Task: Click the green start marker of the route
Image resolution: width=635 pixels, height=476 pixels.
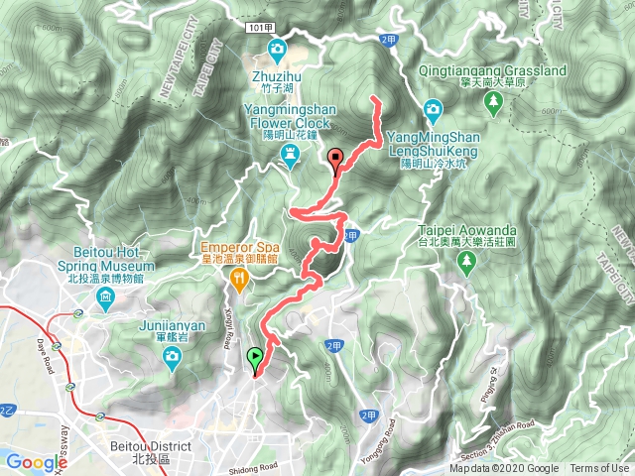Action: click(256, 360)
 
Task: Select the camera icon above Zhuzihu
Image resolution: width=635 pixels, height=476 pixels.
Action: click(277, 49)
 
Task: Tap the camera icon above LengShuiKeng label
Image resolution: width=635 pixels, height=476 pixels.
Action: click(433, 107)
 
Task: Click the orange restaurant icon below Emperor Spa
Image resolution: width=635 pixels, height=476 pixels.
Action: click(238, 282)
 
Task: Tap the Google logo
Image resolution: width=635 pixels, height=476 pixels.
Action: click(35, 462)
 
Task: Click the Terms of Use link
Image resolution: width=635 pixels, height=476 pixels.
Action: click(598, 469)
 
